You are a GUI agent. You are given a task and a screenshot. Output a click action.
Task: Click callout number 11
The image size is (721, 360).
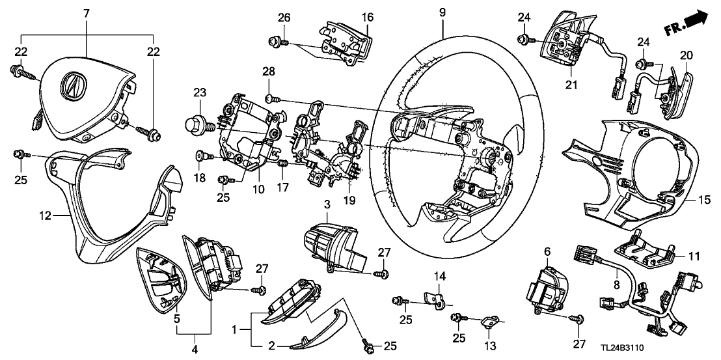694,257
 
